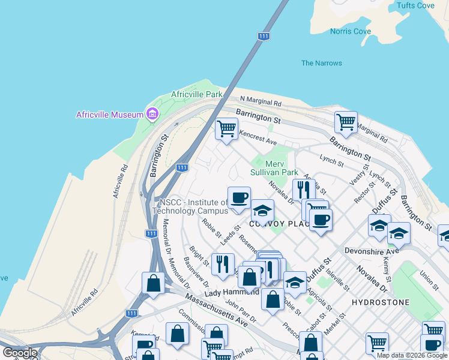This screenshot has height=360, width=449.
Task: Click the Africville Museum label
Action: [x=109, y=115]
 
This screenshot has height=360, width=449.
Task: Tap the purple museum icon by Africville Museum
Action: [x=152, y=114]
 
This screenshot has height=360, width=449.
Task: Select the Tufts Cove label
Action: [x=415, y=5]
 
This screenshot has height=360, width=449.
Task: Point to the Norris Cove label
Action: [x=350, y=31]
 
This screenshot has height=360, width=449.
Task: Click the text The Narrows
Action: [x=321, y=63]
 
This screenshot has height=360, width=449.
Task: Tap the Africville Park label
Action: [x=196, y=94]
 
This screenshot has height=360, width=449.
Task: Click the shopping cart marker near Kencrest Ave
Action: [x=227, y=128]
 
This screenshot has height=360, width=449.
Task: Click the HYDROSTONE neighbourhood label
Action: [x=380, y=302]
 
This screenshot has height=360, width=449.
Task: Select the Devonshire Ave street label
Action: [x=372, y=251]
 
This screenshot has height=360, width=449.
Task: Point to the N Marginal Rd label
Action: [x=261, y=102]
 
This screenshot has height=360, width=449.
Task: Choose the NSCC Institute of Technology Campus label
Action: [x=191, y=206]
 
